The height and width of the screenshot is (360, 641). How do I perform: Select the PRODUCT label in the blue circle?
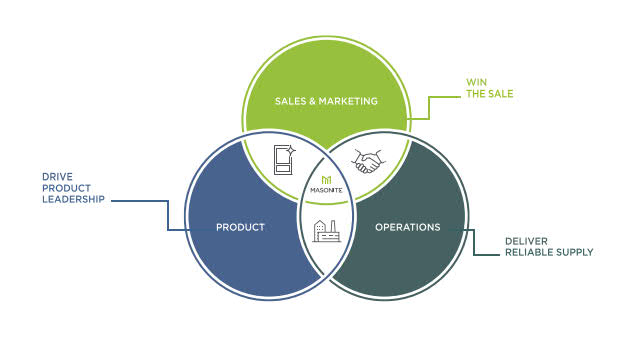click(240, 227)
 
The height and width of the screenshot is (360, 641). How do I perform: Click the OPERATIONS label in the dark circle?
click(407, 227)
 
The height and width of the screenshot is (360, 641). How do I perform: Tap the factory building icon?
click(325, 232)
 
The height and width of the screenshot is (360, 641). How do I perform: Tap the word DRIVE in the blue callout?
click(57, 176)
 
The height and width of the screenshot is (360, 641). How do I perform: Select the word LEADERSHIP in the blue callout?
click(74, 200)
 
